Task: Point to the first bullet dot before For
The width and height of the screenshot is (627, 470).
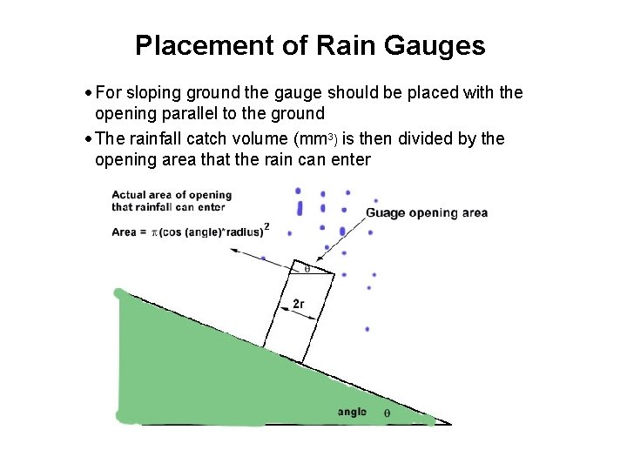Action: tap(90, 93)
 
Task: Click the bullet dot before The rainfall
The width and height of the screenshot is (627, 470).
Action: tap(90, 139)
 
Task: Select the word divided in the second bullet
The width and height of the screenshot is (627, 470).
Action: tap(426, 139)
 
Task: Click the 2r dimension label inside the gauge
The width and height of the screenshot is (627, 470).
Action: tap(298, 304)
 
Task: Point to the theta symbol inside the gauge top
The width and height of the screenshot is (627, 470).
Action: tap(307, 270)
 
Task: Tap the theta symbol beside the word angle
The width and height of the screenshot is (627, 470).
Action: tap(388, 413)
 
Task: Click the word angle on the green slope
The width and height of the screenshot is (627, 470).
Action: tap(353, 413)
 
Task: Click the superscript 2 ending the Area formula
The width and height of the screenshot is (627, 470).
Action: tap(266, 226)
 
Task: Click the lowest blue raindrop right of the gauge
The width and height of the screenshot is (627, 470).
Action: tap(367, 329)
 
